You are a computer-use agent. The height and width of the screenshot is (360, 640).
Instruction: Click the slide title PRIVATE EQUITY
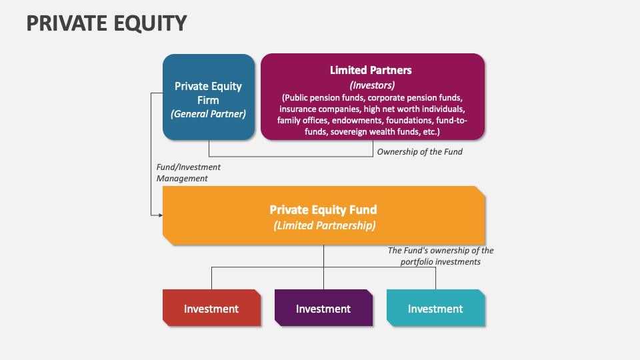[107, 23]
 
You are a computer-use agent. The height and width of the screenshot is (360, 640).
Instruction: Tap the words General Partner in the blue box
[208, 114]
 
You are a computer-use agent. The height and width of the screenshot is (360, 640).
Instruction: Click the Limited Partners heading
[371, 70]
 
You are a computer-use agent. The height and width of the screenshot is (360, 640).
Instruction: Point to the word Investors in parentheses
[372, 85]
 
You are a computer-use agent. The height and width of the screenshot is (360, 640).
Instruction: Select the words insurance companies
[314, 109]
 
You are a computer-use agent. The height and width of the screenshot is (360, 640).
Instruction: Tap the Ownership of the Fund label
[419, 151]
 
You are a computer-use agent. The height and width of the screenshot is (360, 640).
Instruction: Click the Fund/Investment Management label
[188, 173]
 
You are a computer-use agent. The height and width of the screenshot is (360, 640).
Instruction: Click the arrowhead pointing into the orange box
[160, 215]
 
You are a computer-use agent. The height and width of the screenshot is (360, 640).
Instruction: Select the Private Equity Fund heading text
[323, 210]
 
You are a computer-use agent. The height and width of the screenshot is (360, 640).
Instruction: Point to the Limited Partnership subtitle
[324, 225]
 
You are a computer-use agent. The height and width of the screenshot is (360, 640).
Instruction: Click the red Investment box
[211, 309]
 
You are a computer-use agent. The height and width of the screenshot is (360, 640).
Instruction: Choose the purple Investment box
[323, 309]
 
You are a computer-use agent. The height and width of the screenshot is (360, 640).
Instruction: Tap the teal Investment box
[435, 309]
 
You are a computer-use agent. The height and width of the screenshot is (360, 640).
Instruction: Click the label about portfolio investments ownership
[441, 256]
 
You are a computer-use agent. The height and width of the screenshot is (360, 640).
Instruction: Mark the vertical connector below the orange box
[323, 256]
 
